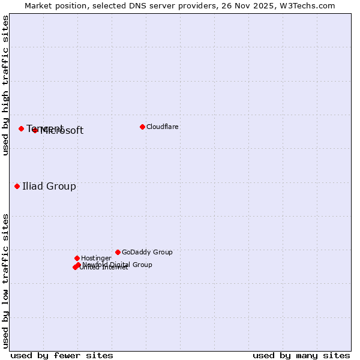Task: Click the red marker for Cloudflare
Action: pyautogui.click(x=142, y=127)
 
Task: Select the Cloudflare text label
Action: pyautogui.click(x=163, y=127)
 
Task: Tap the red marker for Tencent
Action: pyautogui.click(x=21, y=128)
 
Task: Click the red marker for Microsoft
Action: pyautogui.click(x=35, y=130)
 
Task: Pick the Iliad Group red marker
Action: pyautogui.click(x=17, y=186)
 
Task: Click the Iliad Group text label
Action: pyautogui.click(x=49, y=186)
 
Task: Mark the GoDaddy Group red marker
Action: pyautogui.click(x=118, y=252)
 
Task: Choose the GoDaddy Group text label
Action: pyautogui.click(x=147, y=252)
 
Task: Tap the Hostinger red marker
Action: pyautogui.click(x=77, y=258)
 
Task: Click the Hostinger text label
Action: pyautogui.click(x=96, y=258)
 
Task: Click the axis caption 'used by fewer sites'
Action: pyautogui.click(x=62, y=355)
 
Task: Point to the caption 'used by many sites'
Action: pyautogui.click(x=301, y=355)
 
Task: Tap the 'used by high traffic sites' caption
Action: pyautogui.click(x=6, y=85)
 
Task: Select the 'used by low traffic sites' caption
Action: pyautogui.click(x=6, y=281)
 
